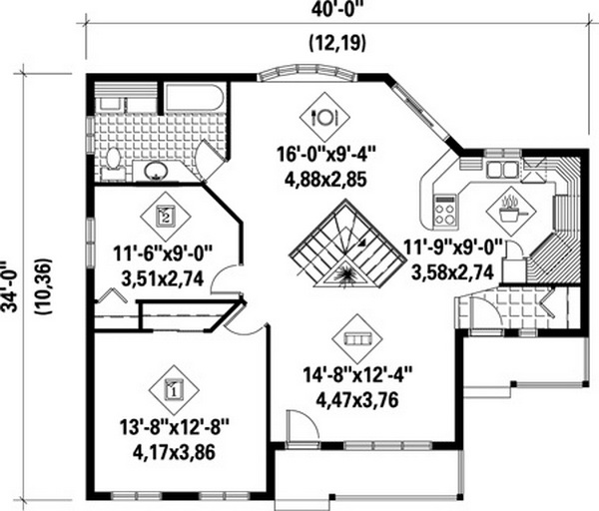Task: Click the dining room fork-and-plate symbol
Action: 324,116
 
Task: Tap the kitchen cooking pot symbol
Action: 511,212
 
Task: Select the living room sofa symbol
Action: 357,338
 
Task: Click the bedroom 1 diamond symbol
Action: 174,390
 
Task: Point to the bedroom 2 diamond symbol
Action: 166,217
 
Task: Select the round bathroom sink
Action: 156,171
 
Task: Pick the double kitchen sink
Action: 502,170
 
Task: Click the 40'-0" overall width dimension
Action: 336,9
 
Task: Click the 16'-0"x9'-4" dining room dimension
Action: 326,156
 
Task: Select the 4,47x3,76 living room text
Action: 357,399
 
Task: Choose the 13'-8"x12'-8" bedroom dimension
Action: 174,427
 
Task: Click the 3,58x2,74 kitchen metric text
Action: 452,271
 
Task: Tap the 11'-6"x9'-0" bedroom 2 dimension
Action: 163,254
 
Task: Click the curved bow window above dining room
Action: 307,73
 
